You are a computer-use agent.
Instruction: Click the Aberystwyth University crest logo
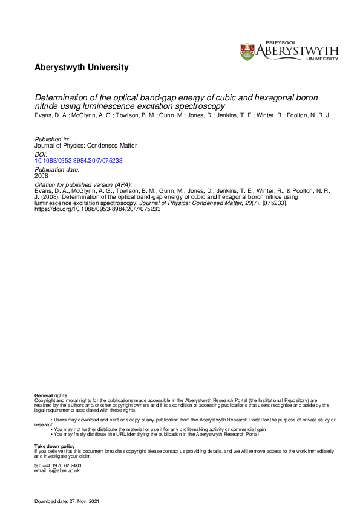pyautogui.click(x=247, y=51)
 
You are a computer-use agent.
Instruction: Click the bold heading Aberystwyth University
pyautogui.click(x=82, y=68)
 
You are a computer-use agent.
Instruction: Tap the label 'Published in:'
pyautogui.click(x=49, y=140)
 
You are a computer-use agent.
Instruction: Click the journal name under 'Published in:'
pyautogui.click(x=85, y=145)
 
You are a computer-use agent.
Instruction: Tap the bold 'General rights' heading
pyautogui.click(x=51, y=395)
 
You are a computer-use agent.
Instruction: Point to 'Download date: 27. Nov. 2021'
pyautogui.click(x=67, y=502)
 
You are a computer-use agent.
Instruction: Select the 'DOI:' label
pyautogui.click(x=39, y=154)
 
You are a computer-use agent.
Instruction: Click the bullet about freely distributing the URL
pyautogui.click(x=156, y=435)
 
